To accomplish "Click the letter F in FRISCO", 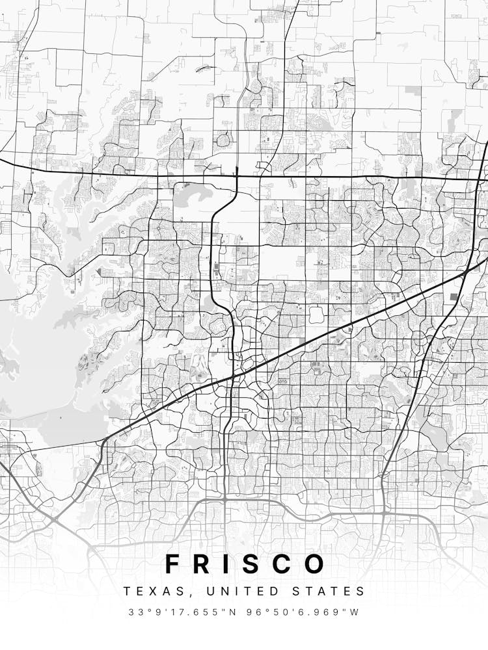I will pyautogui.click(x=173, y=564).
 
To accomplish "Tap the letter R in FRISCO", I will pyautogui.click(x=204, y=564).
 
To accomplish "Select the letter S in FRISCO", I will pyautogui.click(x=251, y=564).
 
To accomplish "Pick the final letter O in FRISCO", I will pyautogui.click(x=314, y=564).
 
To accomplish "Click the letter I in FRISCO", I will pyautogui.click(x=228, y=564).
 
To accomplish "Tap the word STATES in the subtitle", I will pyautogui.click(x=332, y=591).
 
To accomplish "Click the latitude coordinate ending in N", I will pyautogui.click(x=184, y=612).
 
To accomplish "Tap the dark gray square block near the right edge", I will pyautogui.click(x=454, y=297).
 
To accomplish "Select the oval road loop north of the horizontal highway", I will pyautogui.click(x=224, y=140).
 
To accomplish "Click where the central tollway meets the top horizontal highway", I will pyautogui.click(x=236, y=175).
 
